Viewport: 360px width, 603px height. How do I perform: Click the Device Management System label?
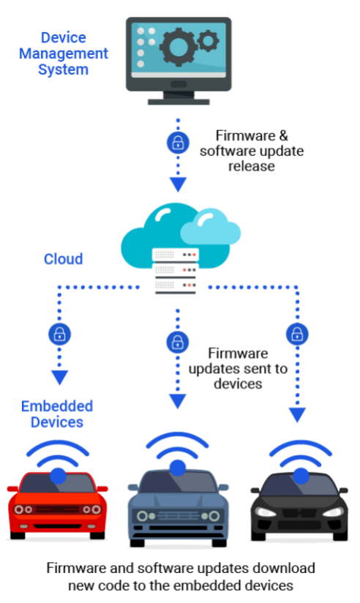coord(64,53)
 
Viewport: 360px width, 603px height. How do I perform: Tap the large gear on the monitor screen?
coord(179,48)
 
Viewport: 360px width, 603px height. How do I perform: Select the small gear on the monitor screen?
coord(208,40)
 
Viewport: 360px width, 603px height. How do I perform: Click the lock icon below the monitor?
coord(178,143)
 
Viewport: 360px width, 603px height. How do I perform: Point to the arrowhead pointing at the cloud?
coord(178,184)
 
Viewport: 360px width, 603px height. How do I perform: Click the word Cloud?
coord(64,259)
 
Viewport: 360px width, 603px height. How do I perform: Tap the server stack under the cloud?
coord(176,271)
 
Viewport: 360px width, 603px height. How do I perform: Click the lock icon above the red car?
coord(59,334)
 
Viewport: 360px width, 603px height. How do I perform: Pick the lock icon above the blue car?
coord(177,342)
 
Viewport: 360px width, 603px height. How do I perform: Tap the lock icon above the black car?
coord(297,334)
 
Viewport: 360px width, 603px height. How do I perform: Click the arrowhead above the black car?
coord(297,415)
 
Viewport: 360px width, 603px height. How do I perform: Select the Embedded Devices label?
coord(57,414)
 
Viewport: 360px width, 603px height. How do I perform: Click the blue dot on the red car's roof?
coord(58,476)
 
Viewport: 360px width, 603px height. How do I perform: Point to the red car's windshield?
coord(58,484)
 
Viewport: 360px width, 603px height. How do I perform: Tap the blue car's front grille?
coord(178,516)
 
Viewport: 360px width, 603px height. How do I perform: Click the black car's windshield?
coord(299,485)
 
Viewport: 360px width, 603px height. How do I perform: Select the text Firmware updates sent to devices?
coord(238,368)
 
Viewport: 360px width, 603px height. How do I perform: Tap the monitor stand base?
coord(179,102)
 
